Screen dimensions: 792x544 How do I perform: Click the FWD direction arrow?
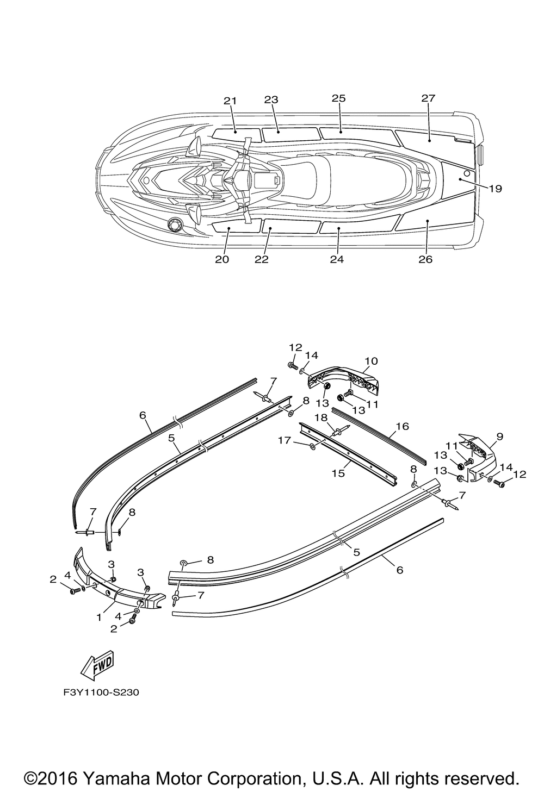pos(98,664)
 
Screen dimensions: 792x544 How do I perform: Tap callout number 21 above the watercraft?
pos(230,101)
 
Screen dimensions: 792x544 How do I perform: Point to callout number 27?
pos(428,98)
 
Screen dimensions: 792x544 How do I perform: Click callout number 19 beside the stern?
pos(494,189)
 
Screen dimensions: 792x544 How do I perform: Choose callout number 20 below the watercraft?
pos(221,259)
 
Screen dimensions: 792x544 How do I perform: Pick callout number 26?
pos(425,259)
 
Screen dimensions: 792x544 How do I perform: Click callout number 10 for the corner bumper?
pos(371,361)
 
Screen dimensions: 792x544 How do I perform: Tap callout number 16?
pos(402,426)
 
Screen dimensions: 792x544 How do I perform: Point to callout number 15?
pos(338,473)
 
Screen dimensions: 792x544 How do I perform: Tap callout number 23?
pos(271,99)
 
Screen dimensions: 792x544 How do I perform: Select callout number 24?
pos(337,259)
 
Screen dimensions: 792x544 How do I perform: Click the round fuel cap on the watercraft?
pos(176,223)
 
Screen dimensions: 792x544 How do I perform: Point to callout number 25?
pos(339,98)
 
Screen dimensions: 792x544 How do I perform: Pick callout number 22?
pos(262,259)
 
